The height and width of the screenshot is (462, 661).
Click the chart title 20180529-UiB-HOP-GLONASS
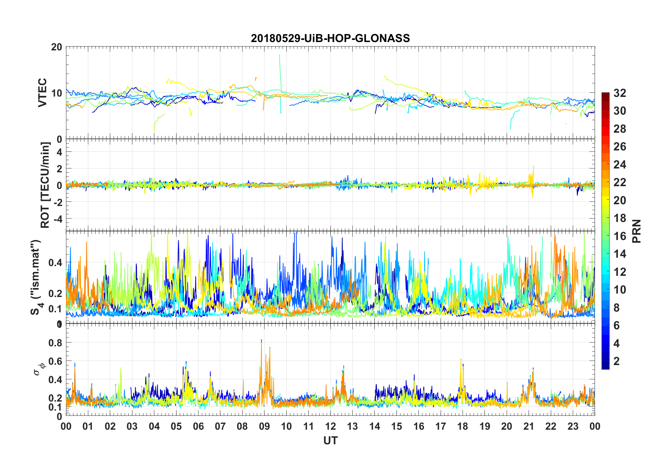[330, 38]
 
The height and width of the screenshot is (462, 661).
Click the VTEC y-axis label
[42, 92]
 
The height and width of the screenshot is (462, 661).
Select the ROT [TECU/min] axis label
[45, 185]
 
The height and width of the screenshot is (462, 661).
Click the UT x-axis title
[330, 440]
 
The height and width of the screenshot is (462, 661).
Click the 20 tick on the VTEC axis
[56, 47]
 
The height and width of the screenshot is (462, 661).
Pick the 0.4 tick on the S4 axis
[55, 263]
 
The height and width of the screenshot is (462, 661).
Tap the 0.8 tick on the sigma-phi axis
[55, 343]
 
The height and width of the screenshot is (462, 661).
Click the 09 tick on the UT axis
[264, 426]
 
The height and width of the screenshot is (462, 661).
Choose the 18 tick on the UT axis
[463, 426]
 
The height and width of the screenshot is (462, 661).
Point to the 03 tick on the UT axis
[132, 426]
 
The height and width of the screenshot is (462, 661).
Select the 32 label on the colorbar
[620, 93]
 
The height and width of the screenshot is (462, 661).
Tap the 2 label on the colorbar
[617, 361]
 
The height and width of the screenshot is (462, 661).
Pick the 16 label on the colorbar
[620, 236]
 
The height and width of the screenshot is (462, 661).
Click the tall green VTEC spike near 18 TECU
[279, 59]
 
